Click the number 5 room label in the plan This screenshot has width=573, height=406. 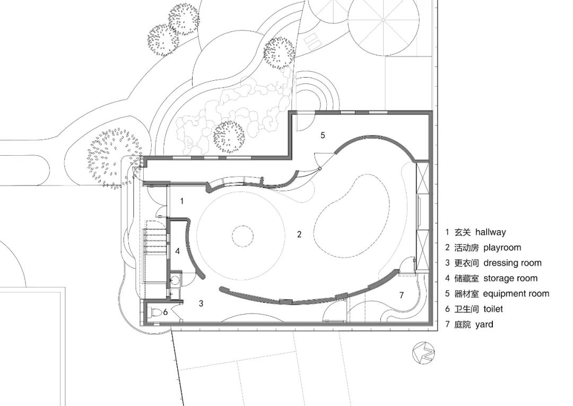point(323,135)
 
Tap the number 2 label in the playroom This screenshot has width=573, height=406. point(299,234)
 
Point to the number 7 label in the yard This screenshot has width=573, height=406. point(402,295)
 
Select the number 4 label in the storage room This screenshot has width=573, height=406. point(178,251)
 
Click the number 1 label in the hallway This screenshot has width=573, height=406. point(182,201)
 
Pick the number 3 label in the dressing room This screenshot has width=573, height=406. point(201,303)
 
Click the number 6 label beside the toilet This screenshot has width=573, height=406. point(165,312)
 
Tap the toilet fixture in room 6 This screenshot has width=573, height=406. point(155,313)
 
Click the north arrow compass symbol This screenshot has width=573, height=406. point(423,353)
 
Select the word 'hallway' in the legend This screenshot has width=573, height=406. point(490,232)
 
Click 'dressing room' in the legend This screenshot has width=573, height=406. point(513,263)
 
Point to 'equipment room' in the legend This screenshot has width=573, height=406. point(516,294)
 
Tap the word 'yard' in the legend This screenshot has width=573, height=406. point(484,325)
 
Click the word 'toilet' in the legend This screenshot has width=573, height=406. point(493,309)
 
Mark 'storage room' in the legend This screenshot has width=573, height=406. point(510,278)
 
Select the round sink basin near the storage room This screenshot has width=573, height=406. point(175,280)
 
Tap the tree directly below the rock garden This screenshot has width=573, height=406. point(229,137)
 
